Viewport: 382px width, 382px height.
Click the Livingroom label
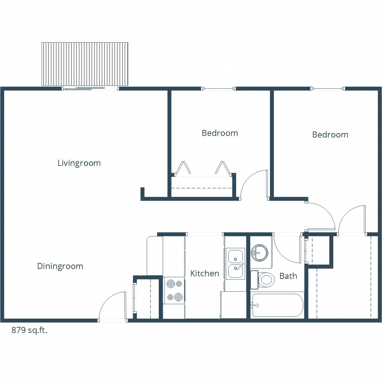pyautogui.click(x=79, y=163)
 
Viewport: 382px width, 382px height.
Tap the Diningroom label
pyautogui.click(x=60, y=266)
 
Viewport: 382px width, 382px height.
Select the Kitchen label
pyautogui.click(x=205, y=273)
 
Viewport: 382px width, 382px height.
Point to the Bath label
pyautogui.click(x=288, y=276)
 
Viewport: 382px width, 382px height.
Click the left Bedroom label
pyautogui.click(x=220, y=133)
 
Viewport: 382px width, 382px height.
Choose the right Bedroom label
pyautogui.click(x=330, y=135)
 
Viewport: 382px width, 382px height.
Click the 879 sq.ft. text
pyautogui.click(x=30, y=330)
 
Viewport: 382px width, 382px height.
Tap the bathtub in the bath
pyautogui.click(x=277, y=305)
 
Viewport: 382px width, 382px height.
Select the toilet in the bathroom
pyautogui.click(x=266, y=279)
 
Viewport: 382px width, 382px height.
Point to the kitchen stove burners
pyautogui.click(x=174, y=290)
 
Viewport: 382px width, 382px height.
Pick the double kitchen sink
pyautogui.click(x=236, y=263)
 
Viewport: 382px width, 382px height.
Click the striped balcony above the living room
pyautogui.click(x=85, y=64)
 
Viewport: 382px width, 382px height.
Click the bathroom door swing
pyautogui.click(x=286, y=250)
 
